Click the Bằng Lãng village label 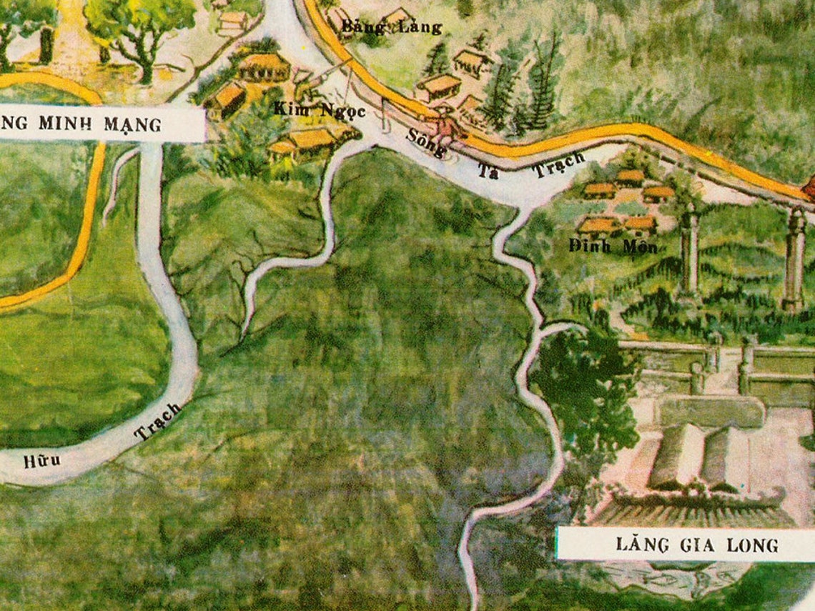392,28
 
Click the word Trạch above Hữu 158,422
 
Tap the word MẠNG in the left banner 135,124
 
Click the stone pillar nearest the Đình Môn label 689,250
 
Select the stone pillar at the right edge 794,257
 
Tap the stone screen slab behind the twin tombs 711,411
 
